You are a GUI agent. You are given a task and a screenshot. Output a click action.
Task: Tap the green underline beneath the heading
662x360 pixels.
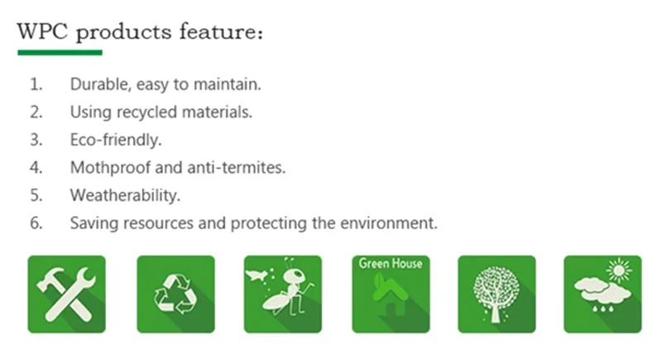click(60, 52)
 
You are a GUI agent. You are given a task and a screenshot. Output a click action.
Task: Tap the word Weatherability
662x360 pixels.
click(124, 196)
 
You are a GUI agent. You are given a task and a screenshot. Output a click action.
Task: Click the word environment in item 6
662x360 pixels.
click(392, 223)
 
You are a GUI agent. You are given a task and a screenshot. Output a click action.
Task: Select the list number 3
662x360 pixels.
click(36, 140)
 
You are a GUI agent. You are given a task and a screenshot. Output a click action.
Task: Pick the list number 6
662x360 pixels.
click(36, 223)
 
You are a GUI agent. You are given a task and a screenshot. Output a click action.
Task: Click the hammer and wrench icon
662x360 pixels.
click(67, 295)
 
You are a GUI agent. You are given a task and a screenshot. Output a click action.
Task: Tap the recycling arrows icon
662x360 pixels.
click(175, 295)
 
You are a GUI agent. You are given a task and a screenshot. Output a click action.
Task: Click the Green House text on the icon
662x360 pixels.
click(390, 265)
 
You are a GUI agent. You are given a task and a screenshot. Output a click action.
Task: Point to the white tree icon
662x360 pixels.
click(496, 295)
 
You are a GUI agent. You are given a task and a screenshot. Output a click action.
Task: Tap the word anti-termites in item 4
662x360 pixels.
click(248, 168)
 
